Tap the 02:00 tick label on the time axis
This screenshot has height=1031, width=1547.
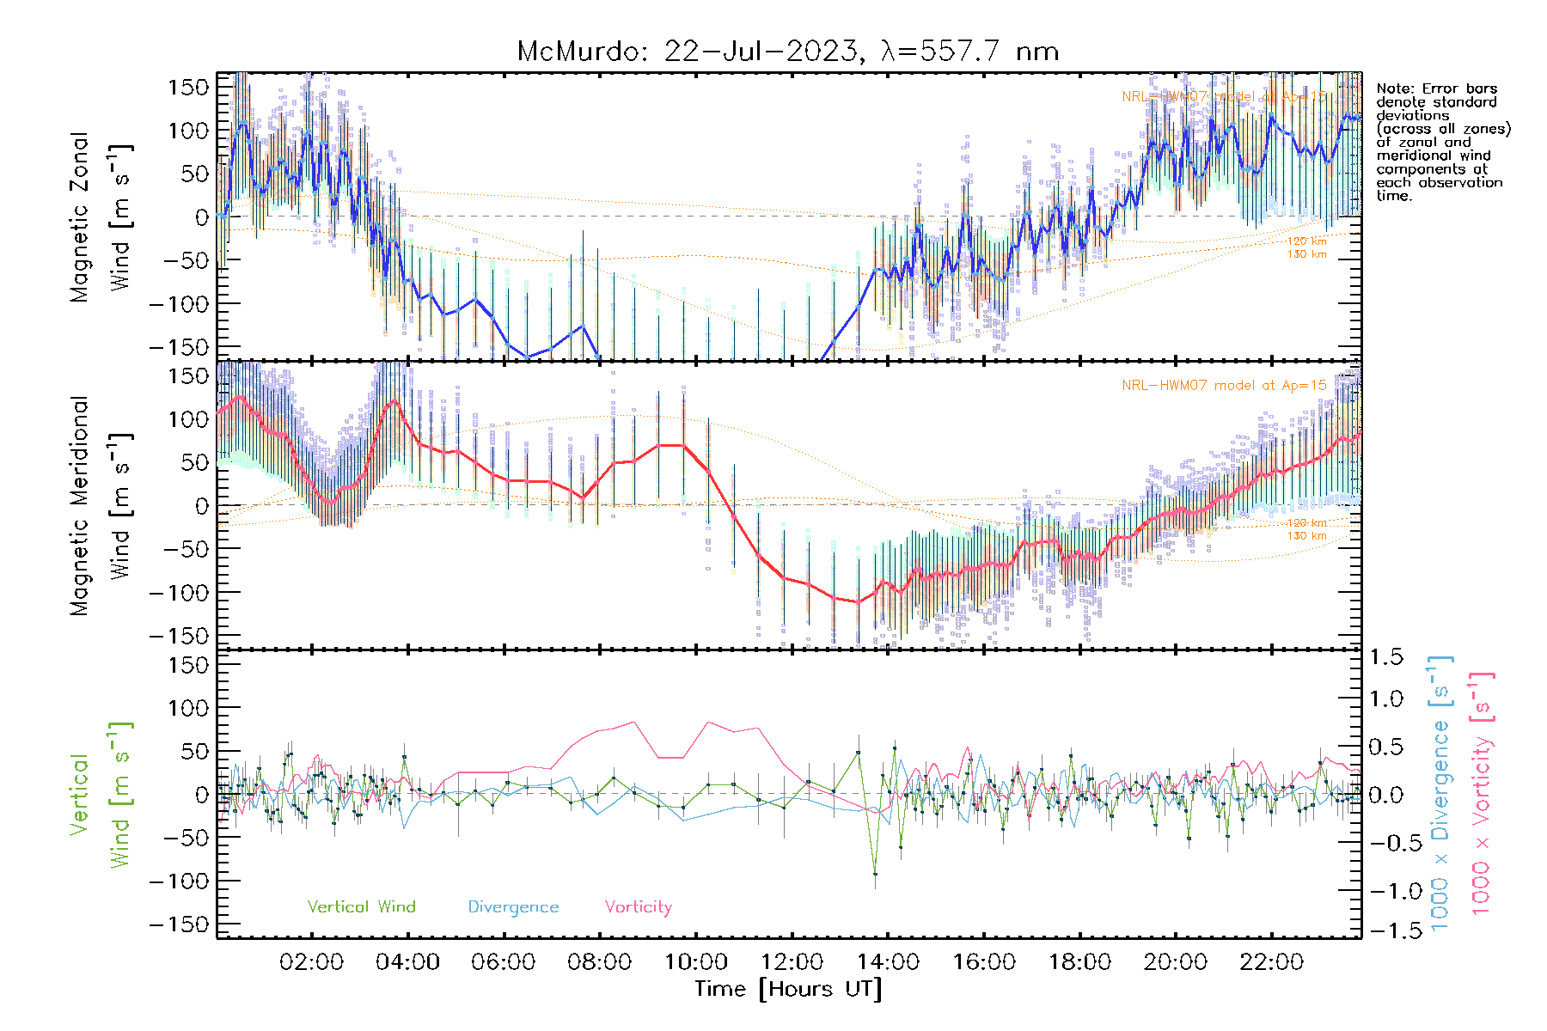tap(311, 962)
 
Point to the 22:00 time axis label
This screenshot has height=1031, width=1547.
tap(1271, 962)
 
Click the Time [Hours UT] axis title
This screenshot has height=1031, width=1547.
tap(788, 989)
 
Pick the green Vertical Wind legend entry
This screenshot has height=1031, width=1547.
tap(361, 907)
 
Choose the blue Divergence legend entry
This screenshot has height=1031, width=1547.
tap(513, 907)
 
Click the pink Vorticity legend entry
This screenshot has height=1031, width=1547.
tap(638, 907)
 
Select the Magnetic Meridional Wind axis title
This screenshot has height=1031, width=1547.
tap(101, 505)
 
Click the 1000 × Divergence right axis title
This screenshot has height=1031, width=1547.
tap(1440, 794)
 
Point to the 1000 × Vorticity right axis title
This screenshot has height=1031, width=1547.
tap(1482, 794)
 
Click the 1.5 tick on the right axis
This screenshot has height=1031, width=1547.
tap(1385, 657)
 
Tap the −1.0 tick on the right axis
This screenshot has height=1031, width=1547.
tap(1385, 891)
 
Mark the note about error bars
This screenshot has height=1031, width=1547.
tap(1442, 142)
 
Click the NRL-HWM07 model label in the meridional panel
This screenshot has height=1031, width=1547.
tap(1224, 386)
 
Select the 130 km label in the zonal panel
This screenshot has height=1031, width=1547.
tap(1306, 254)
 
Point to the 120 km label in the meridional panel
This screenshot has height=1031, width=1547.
tap(1306, 522)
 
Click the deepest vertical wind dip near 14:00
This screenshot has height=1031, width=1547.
tap(875, 874)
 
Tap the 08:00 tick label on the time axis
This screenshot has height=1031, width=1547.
tap(599, 962)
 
